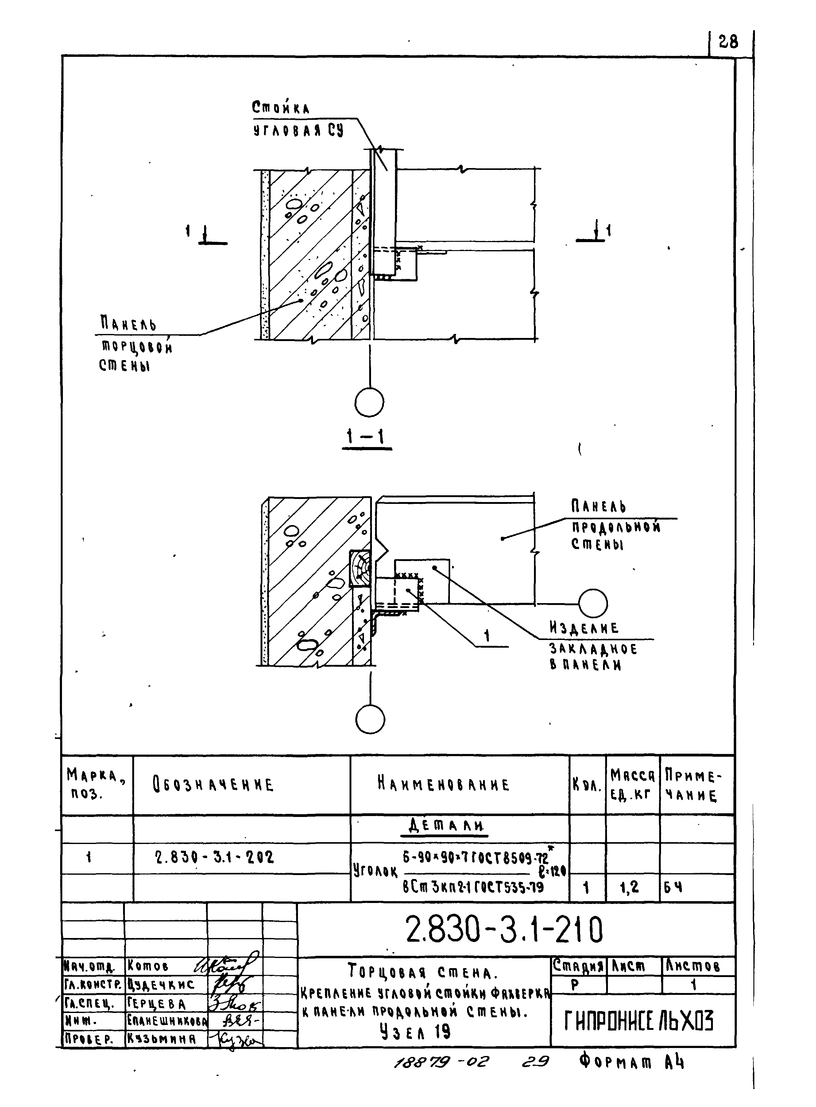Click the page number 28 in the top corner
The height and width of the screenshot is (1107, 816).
(x=728, y=42)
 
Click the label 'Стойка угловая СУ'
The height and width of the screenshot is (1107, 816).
(x=297, y=119)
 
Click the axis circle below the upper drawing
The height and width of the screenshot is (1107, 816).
(x=369, y=402)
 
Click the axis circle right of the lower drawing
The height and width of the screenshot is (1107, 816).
(x=592, y=603)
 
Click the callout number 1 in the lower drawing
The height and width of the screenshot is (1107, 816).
(x=487, y=636)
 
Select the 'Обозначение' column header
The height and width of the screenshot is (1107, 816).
(x=213, y=785)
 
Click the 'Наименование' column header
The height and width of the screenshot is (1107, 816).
(x=443, y=784)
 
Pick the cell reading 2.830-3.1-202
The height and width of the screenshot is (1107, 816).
(x=214, y=857)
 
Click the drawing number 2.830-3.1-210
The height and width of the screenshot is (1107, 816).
(x=504, y=930)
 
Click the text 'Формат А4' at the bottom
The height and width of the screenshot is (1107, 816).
(x=632, y=1061)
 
